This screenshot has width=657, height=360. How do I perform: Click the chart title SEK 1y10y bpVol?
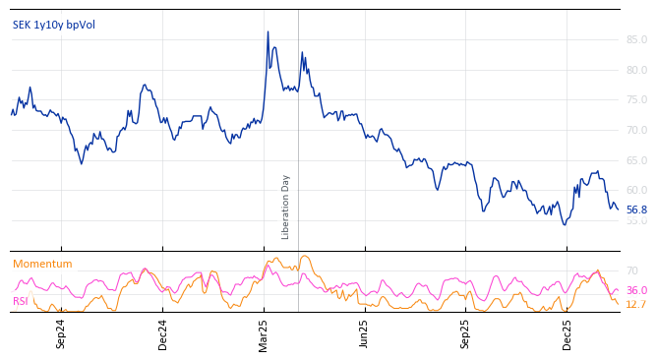click(x=54, y=25)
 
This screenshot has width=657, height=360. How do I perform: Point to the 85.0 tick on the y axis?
click(x=636, y=40)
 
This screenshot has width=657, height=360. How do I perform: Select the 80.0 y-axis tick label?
click(x=636, y=70)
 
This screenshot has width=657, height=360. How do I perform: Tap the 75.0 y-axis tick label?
click(x=636, y=100)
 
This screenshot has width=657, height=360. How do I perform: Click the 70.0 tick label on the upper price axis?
click(x=636, y=130)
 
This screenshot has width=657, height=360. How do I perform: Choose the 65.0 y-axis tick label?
click(x=636, y=160)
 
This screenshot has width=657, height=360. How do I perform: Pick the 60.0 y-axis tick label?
click(x=636, y=190)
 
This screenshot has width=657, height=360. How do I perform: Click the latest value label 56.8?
click(x=636, y=210)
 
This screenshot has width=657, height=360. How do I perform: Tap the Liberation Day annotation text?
click(x=286, y=207)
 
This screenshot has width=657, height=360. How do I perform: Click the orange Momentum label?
click(x=42, y=264)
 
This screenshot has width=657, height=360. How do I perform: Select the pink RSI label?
click(x=21, y=301)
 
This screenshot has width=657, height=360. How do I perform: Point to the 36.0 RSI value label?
click(x=636, y=291)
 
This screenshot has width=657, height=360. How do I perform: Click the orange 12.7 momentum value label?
click(x=636, y=305)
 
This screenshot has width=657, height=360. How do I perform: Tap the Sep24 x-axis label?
click(x=61, y=332)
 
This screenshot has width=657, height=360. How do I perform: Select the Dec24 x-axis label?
click(x=163, y=332)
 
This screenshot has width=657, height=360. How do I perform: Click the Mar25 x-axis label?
click(x=264, y=332)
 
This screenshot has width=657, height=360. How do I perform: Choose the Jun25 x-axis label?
click(x=364, y=332)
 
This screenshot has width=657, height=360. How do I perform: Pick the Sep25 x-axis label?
click(x=466, y=332)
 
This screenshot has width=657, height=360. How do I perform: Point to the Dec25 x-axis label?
click(x=567, y=332)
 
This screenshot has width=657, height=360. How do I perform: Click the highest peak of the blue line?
click(x=268, y=31)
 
